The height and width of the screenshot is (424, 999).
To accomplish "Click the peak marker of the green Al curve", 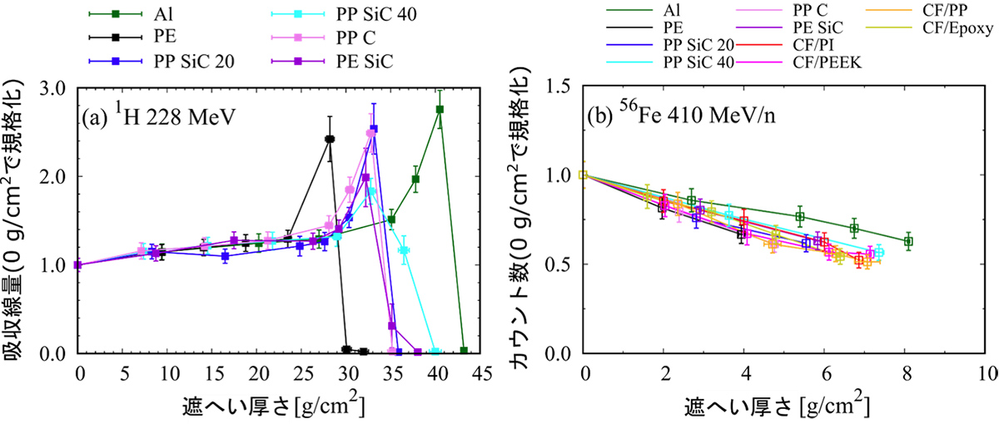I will click(440, 109).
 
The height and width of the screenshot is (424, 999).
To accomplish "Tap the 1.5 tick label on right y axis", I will click(563, 86).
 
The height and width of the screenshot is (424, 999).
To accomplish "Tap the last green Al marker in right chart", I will click(908, 241).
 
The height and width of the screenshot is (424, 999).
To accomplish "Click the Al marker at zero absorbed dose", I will click(464, 351).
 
